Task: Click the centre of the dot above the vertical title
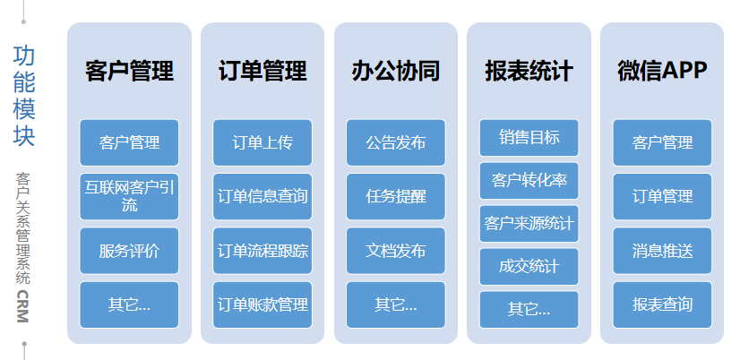tap(23, 21)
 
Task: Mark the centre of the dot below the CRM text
tap(24, 344)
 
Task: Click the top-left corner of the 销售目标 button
tap(480, 120)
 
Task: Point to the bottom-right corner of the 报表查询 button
tap(711, 328)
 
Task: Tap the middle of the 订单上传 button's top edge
tap(262, 120)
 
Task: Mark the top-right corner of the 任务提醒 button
tap(445, 174)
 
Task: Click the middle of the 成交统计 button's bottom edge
tap(529, 285)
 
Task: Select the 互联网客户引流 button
tap(129, 197)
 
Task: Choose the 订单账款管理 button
tap(262, 304)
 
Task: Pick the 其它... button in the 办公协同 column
tap(395, 304)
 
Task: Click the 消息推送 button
tap(662, 251)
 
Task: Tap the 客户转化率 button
tap(529, 181)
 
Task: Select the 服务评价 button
tap(129, 251)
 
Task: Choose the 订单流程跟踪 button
tap(262, 251)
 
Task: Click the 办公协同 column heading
tap(395, 71)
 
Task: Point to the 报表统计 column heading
tap(529, 71)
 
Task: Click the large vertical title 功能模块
tap(24, 95)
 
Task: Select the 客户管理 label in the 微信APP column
tap(662, 142)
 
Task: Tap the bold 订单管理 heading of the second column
tap(262, 71)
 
